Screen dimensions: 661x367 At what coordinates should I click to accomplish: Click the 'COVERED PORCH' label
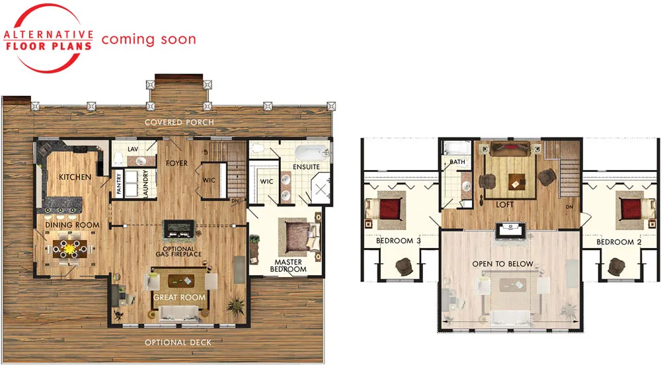point(179,122)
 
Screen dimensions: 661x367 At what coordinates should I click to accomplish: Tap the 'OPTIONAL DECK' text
point(178,343)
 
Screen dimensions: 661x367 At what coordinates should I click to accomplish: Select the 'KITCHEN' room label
point(75,177)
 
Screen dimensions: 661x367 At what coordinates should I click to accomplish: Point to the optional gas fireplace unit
point(178,229)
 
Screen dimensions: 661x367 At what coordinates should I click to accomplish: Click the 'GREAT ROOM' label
point(179,298)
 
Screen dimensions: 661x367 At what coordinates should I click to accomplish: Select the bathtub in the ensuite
point(311,151)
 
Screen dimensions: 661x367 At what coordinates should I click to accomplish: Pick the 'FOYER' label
point(176,163)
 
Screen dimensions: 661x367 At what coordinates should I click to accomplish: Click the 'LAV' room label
point(133,149)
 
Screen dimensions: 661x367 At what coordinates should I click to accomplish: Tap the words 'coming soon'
point(149,39)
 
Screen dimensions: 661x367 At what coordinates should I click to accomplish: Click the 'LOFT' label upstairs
point(504,204)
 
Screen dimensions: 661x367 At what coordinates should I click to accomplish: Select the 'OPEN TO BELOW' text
point(502,264)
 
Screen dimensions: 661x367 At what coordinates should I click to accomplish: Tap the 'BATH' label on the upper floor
point(457,161)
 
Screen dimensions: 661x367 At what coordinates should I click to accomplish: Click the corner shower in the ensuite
point(321,189)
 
